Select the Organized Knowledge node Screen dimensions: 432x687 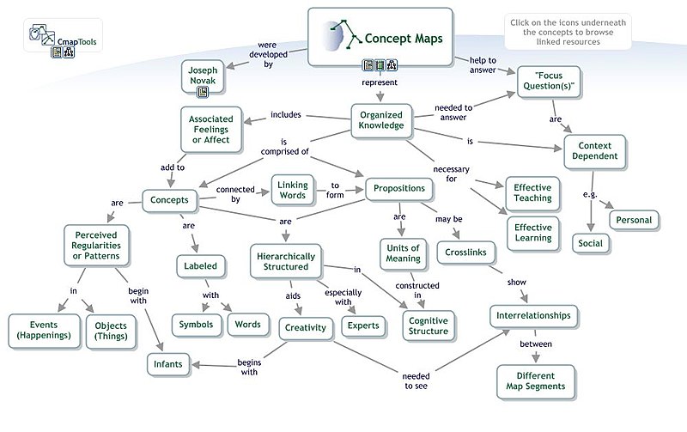pos(381,120)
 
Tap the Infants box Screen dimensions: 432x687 pos(167,365)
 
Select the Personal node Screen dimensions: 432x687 pos(634,220)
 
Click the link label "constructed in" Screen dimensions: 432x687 pos(417,290)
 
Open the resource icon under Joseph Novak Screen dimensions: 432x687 pos(204,92)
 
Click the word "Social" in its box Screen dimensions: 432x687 pos(591,243)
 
